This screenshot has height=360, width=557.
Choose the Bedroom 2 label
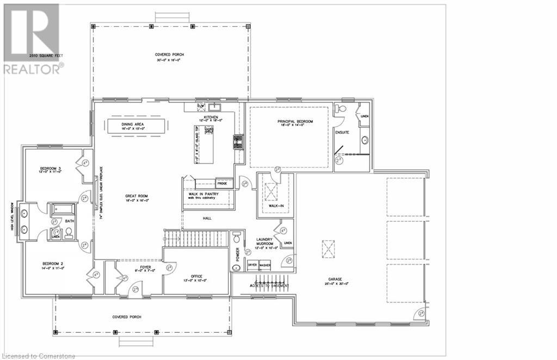click(x=52, y=265)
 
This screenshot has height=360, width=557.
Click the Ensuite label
click(x=343, y=132)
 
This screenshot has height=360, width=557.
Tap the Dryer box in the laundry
click(x=252, y=265)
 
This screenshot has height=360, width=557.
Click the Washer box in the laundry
click(x=265, y=265)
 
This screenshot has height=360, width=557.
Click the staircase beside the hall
click(x=196, y=238)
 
